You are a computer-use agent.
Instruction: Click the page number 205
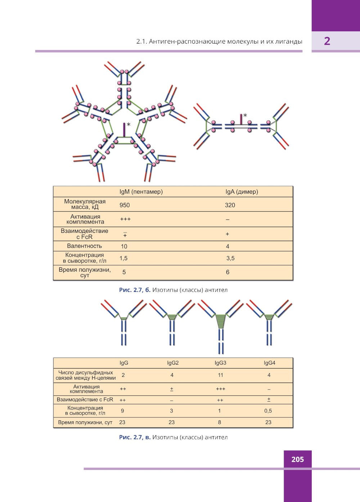click(297, 460)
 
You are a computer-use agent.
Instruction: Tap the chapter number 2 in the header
click(327, 41)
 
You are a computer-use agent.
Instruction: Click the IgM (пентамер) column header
click(141, 192)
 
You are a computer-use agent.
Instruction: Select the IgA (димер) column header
click(242, 192)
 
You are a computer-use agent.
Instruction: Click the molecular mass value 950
click(125, 205)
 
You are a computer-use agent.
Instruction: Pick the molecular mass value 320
click(230, 205)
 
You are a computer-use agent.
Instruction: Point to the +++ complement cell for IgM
click(125, 219)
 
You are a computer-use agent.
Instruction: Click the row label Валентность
click(84, 246)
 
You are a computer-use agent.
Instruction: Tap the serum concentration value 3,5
click(230, 258)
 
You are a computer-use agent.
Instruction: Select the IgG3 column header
click(220, 363)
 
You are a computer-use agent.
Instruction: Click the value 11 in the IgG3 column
click(220, 375)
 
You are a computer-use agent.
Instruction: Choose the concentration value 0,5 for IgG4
click(268, 411)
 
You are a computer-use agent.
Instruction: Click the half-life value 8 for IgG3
click(220, 422)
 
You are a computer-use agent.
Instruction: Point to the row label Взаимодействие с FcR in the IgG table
click(85, 399)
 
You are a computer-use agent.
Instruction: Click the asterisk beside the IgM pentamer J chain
click(129, 124)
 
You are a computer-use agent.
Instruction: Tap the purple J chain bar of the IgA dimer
click(241, 119)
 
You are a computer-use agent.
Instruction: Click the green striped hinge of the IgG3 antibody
click(220, 321)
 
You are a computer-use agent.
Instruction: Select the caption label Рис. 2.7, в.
click(135, 437)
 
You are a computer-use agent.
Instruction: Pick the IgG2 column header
click(173, 363)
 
